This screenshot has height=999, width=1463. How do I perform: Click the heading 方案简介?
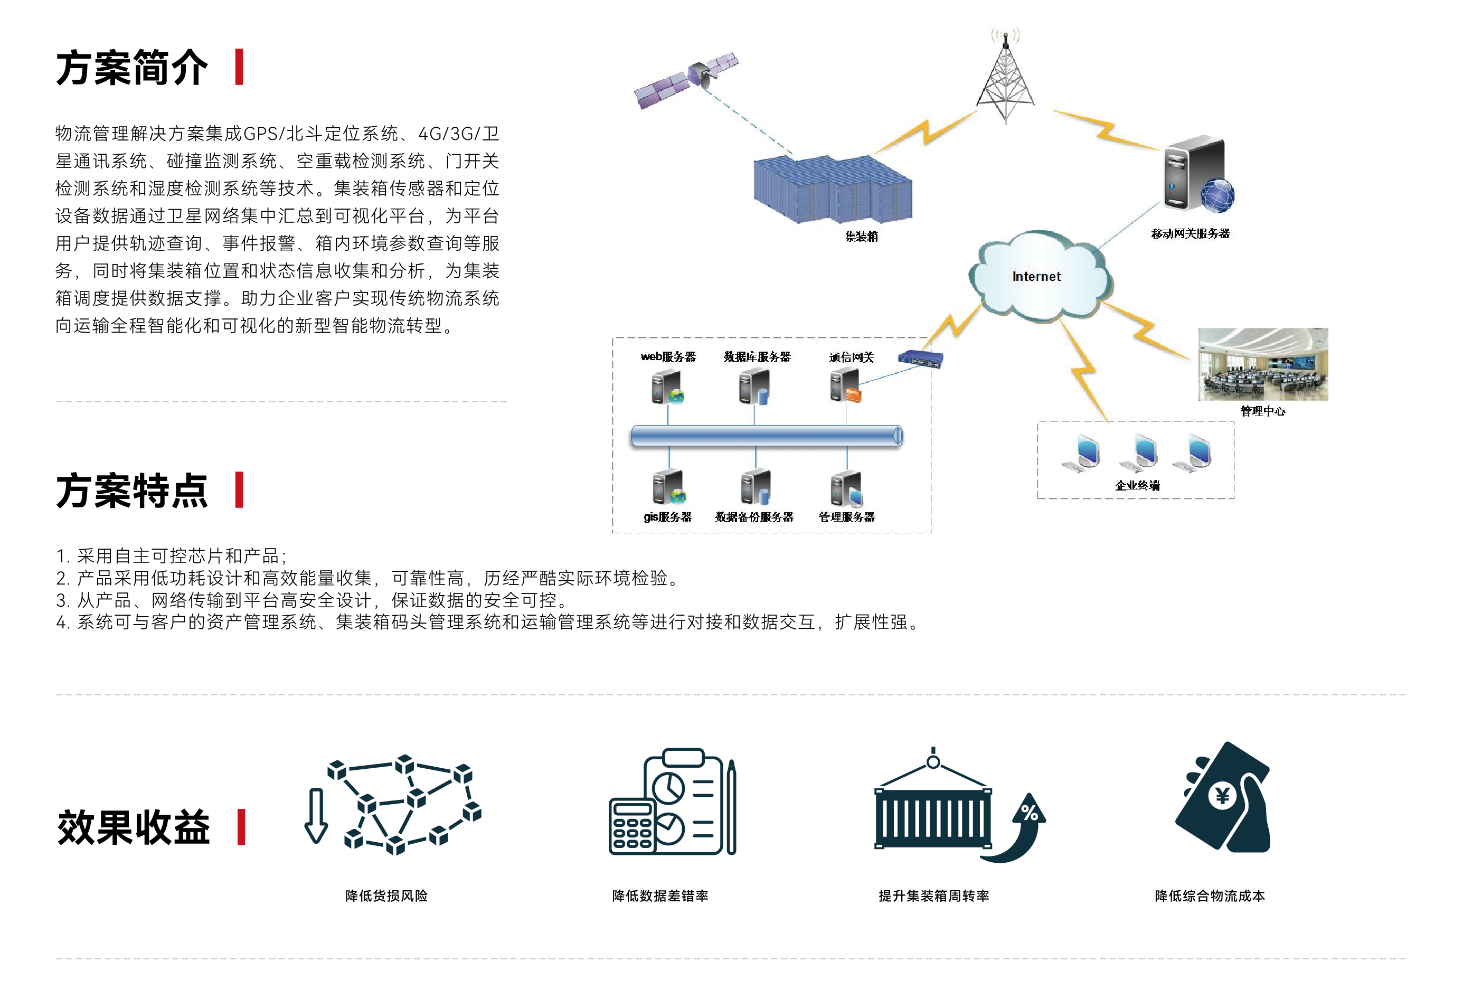pos(131,68)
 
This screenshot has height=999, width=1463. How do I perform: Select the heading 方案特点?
pos(131,491)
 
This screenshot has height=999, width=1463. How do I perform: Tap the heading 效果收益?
pos(133,827)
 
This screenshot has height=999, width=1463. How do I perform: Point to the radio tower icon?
pos(1005,79)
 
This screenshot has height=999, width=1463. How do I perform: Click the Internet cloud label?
pos(1036,276)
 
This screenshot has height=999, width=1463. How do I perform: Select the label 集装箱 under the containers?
pos(861,237)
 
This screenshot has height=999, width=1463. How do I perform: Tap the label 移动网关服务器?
pos(1190,233)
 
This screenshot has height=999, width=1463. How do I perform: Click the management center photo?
pos(1263,364)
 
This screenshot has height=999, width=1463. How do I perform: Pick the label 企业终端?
pos(1137,485)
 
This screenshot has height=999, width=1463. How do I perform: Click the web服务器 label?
pos(668,357)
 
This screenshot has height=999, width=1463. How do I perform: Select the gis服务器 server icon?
pos(668,488)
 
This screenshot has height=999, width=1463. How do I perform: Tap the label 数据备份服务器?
pos(754,517)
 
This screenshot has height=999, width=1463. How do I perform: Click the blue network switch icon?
pos(920,360)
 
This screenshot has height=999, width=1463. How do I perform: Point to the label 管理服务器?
pos(847,517)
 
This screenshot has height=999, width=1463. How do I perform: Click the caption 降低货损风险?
pos(386,896)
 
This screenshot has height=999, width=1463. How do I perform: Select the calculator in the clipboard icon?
pos(632,825)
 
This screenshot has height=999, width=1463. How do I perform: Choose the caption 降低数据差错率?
pos(660,896)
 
